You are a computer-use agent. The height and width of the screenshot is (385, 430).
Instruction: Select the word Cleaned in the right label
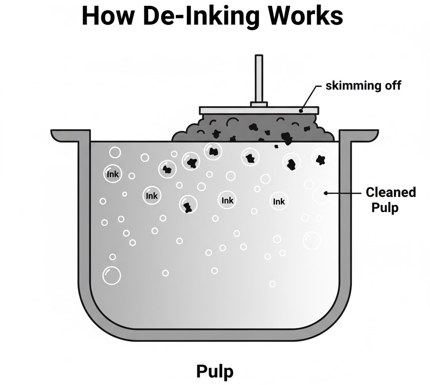click(x=390, y=192)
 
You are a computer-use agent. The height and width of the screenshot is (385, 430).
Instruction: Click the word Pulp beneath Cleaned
click(x=384, y=207)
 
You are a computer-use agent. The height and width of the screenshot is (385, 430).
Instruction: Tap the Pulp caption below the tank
click(x=215, y=372)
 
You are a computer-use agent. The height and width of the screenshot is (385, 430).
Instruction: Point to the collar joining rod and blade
click(x=258, y=104)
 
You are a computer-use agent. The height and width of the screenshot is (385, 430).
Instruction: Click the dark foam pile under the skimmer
click(x=252, y=128)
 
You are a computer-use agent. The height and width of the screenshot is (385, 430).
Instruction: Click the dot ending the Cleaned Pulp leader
click(x=325, y=193)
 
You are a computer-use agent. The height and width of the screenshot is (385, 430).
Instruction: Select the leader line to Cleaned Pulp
click(x=343, y=193)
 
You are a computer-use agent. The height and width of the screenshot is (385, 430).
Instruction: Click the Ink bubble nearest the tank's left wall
click(x=113, y=173)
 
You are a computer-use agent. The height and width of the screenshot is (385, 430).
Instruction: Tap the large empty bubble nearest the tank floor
click(x=111, y=275)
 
